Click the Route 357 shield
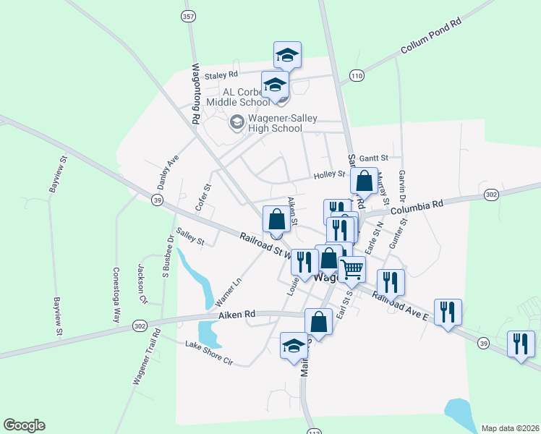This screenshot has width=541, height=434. click(x=189, y=16)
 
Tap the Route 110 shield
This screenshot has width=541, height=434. click(x=356, y=75)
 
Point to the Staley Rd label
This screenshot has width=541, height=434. click(x=221, y=75)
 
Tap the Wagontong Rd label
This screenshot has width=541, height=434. click(x=195, y=92)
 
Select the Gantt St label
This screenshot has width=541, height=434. click(x=374, y=157)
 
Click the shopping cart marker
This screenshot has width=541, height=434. click(x=352, y=269)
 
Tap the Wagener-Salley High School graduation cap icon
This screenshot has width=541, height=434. click(x=236, y=122)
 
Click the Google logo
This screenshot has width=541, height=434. click(x=24, y=425)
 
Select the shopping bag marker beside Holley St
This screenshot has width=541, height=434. click(x=365, y=181)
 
